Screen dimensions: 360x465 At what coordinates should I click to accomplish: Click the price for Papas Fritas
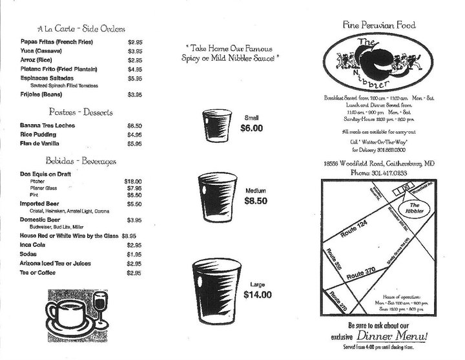(x=134, y=41)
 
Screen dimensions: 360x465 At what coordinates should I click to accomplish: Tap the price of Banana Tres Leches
(x=134, y=125)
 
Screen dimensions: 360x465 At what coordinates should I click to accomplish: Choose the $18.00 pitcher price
(x=132, y=182)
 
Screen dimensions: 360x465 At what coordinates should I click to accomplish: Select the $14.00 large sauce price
(x=258, y=295)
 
